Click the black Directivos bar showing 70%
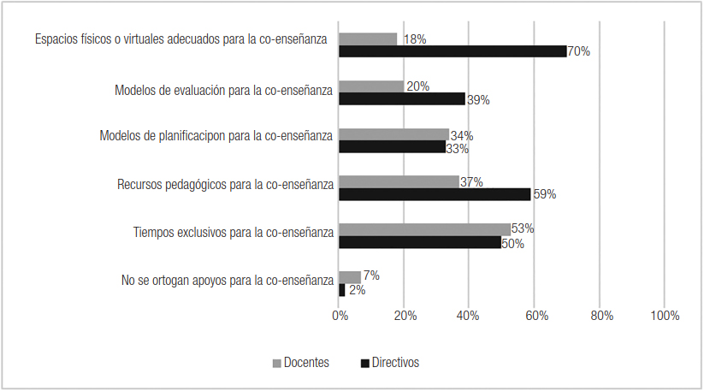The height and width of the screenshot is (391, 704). tap(453, 51)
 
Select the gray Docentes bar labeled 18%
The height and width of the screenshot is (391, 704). tap(368, 39)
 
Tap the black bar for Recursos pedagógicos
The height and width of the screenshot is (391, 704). tap(435, 194)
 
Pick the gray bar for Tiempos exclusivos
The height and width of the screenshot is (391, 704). tap(424, 229)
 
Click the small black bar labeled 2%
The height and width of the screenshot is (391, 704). tap(342, 290)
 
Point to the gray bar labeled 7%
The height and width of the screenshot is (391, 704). tap(350, 277)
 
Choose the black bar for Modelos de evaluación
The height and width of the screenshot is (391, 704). tap(402, 99)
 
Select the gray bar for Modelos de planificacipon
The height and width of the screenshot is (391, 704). tap(394, 134)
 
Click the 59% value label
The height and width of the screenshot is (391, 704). tap(544, 194)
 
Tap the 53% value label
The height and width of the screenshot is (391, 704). tap(523, 228)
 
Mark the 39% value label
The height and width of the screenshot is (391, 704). tap(478, 100)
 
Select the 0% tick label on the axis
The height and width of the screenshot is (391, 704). tap(340, 316)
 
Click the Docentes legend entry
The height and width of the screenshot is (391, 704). tap(300, 363)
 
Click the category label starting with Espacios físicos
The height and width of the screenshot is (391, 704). tap(181, 39)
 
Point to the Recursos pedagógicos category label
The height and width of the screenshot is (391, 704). tap(223, 184)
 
